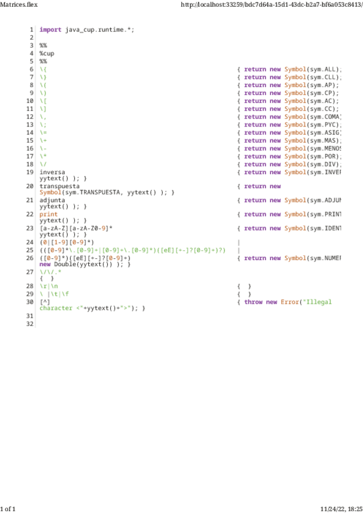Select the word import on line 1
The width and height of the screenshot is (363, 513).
(x=50, y=29)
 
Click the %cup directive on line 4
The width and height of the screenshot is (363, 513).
(x=47, y=53)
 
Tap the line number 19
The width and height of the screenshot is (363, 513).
(x=30, y=172)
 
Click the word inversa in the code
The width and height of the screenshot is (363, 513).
(x=52, y=172)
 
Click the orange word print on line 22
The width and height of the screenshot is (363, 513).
(x=49, y=214)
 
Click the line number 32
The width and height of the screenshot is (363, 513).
(x=30, y=324)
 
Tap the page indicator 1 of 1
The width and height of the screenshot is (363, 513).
(x=8, y=508)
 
